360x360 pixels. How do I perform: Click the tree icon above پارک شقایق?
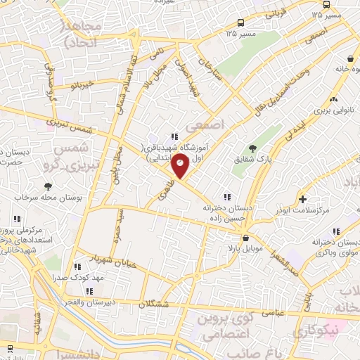252,148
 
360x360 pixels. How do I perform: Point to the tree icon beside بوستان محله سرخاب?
48,186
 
